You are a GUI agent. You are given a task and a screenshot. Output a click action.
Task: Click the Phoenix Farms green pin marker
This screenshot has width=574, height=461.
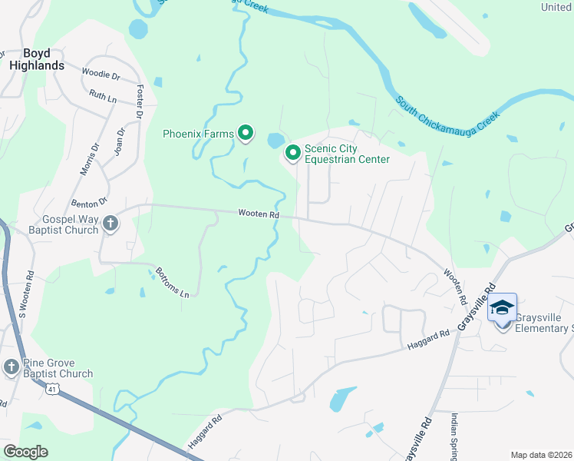click(246, 134)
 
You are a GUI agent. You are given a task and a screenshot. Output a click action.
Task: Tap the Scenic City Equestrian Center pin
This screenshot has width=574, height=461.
click(292, 153)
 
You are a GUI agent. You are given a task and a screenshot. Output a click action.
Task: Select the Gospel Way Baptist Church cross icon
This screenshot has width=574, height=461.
click(111, 224)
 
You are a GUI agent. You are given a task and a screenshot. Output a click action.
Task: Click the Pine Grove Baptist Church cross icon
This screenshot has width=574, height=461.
click(11, 366)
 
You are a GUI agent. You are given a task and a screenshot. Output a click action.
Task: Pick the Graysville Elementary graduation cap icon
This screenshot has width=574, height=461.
click(502, 307)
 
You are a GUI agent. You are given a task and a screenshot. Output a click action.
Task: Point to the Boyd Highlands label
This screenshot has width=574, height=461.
click(37, 60)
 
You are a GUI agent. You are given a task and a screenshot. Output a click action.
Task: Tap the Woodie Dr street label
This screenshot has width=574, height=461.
click(101, 76)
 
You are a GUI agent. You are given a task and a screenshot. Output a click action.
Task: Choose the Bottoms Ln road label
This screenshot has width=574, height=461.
click(172, 282)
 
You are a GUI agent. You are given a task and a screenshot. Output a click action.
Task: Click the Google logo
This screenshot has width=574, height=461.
click(25, 452)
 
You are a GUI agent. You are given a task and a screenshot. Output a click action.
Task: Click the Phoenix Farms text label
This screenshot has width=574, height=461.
click(197, 134)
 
